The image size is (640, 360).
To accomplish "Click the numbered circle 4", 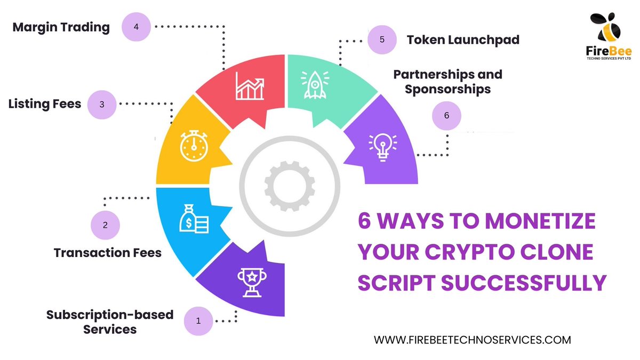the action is [x=137, y=27].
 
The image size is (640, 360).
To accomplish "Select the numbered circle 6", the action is [x=447, y=115].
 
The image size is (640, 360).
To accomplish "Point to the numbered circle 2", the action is [x=105, y=225].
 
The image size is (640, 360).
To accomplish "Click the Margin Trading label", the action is [x=61, y=27].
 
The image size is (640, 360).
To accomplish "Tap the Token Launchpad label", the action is [x=463, y=40].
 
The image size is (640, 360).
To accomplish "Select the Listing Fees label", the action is [x=45, y=103].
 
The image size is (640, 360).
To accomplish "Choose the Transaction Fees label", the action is [x=108, y=252].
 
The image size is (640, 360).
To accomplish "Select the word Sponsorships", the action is [x=448, y=89].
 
